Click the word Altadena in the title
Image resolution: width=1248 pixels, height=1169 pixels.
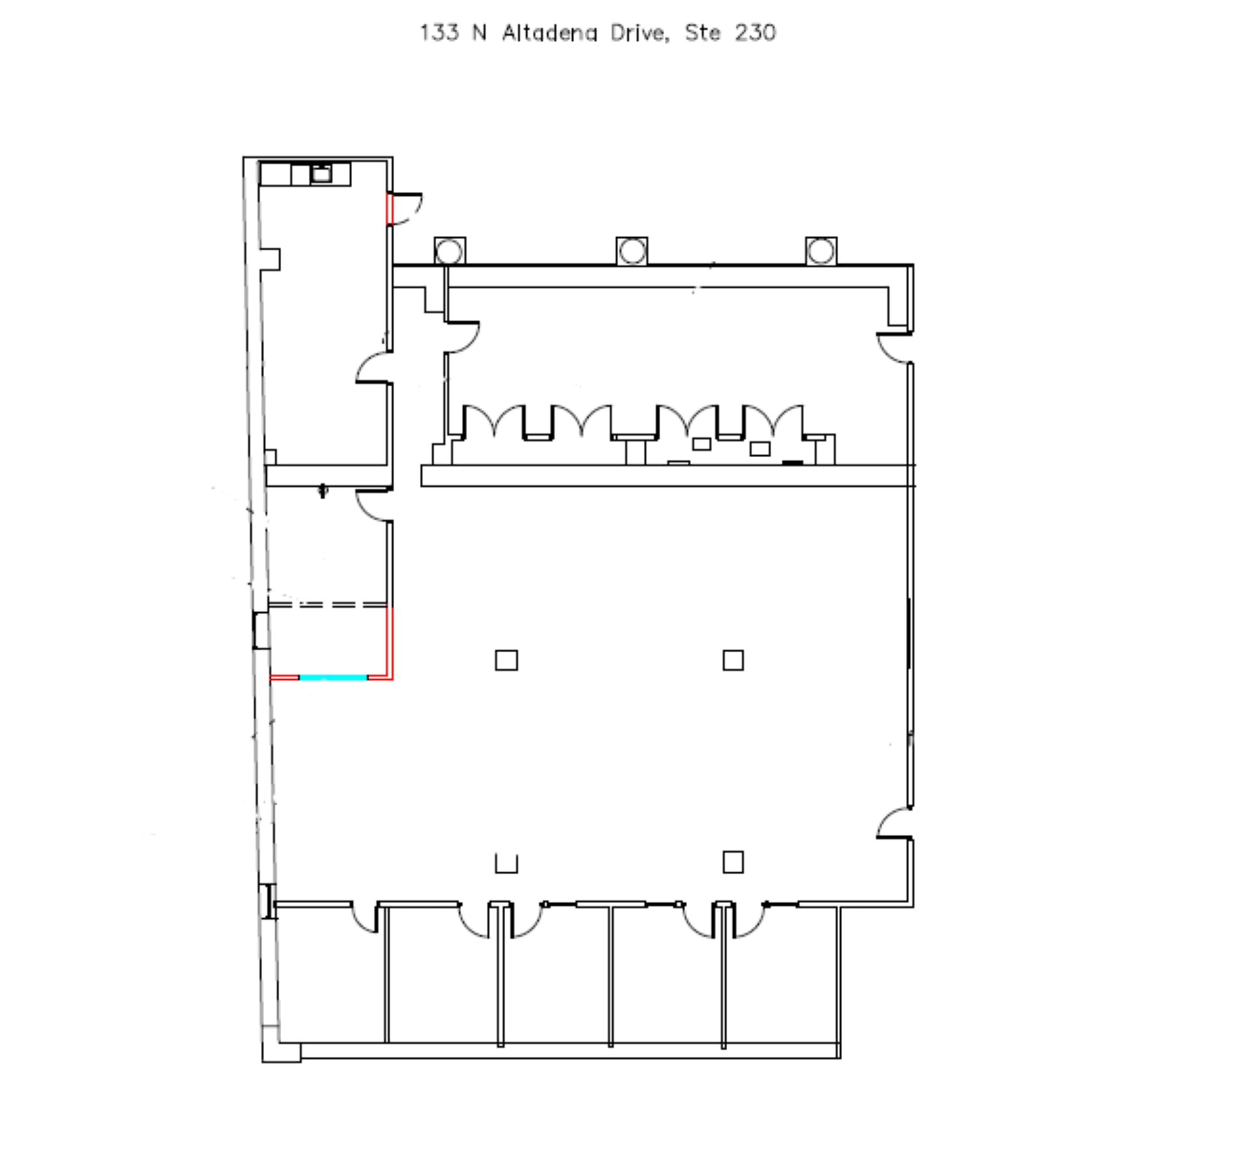coord(549,33)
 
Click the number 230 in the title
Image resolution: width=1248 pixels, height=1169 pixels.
coord(755,33)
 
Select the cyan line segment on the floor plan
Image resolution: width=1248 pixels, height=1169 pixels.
coord(333,678)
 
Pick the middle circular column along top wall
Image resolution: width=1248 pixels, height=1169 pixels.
coord(632,251)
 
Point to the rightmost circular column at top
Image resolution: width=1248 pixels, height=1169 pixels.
coord(821,251)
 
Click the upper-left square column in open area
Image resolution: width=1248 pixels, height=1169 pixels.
coord(506,660)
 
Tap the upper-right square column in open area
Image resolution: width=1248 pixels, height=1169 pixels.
coord(733,660)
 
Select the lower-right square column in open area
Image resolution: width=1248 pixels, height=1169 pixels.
coord(733,862)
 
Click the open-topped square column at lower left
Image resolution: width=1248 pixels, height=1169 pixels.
coord(506,864)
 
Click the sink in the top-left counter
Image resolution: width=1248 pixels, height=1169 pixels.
coord(321,173)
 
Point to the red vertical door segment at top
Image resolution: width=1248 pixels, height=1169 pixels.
coord(389,209)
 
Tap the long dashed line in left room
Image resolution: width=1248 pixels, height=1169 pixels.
coord(327,605)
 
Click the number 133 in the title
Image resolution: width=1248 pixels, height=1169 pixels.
coord(439,33)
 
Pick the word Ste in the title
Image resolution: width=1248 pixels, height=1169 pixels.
coord(703,33)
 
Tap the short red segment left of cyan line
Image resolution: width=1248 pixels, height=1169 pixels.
coord(284,678)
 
